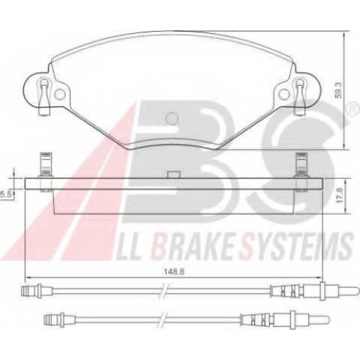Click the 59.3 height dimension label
338,89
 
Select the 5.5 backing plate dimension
5,195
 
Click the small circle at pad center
172,118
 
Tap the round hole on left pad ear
60,94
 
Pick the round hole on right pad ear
284,94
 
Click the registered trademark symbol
351,109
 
